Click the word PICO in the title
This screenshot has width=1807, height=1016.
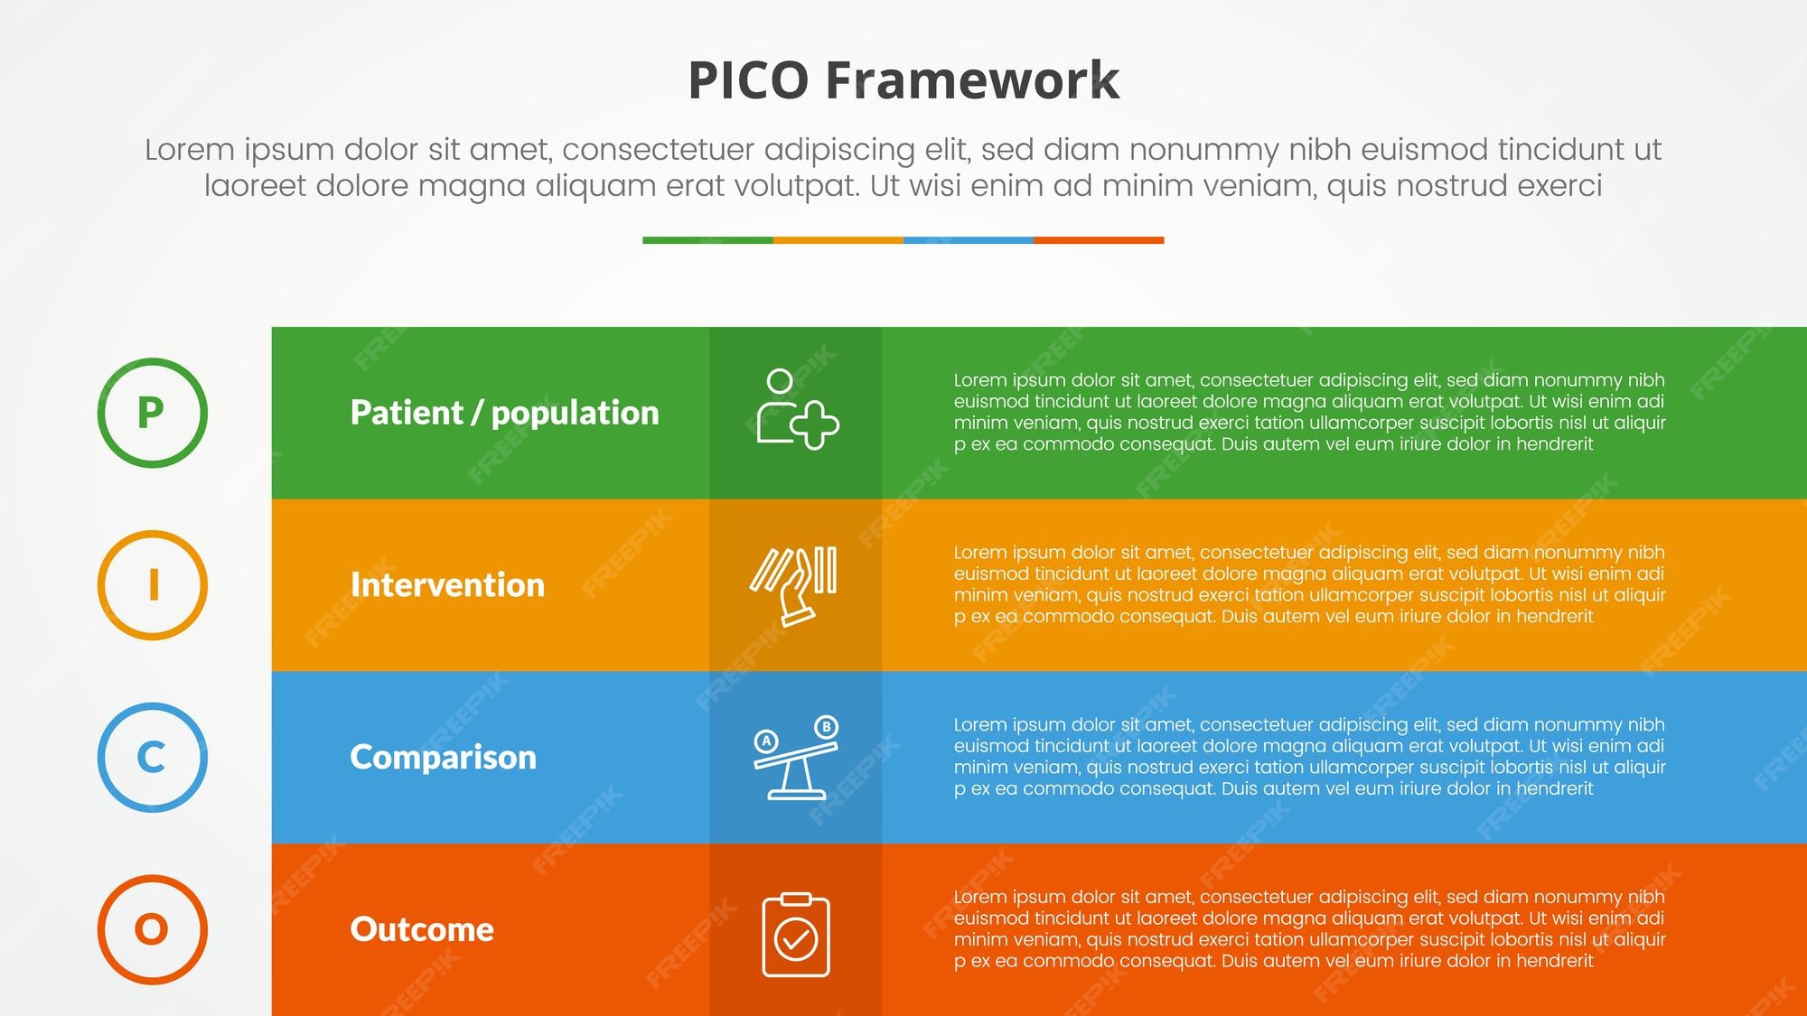(748, 80)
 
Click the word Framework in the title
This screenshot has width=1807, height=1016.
(972, 80)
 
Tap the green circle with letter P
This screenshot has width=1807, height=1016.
(152, 413)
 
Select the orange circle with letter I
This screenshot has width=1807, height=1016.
(152, 585)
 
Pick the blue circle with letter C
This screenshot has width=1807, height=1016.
(152, 758)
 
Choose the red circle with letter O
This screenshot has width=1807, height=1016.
(152, 929)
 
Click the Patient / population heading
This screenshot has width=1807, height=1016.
(504, 413)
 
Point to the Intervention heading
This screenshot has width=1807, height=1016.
(447, 585)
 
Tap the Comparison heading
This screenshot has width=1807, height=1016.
(443, 758)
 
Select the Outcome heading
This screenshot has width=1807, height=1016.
(422, 929)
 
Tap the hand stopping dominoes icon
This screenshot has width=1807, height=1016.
(794, 585)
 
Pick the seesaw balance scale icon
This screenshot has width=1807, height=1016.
(795, 759)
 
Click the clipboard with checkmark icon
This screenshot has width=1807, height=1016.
(796, 935)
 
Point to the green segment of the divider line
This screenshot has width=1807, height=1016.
(707, 240)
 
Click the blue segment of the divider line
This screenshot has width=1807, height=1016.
(968, 240)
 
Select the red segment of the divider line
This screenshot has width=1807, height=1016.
(1099, 240)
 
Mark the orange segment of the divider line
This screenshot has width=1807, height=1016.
(838, 240)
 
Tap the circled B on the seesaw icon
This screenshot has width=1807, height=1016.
(826, 727)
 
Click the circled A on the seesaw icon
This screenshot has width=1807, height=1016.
(766, 741)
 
